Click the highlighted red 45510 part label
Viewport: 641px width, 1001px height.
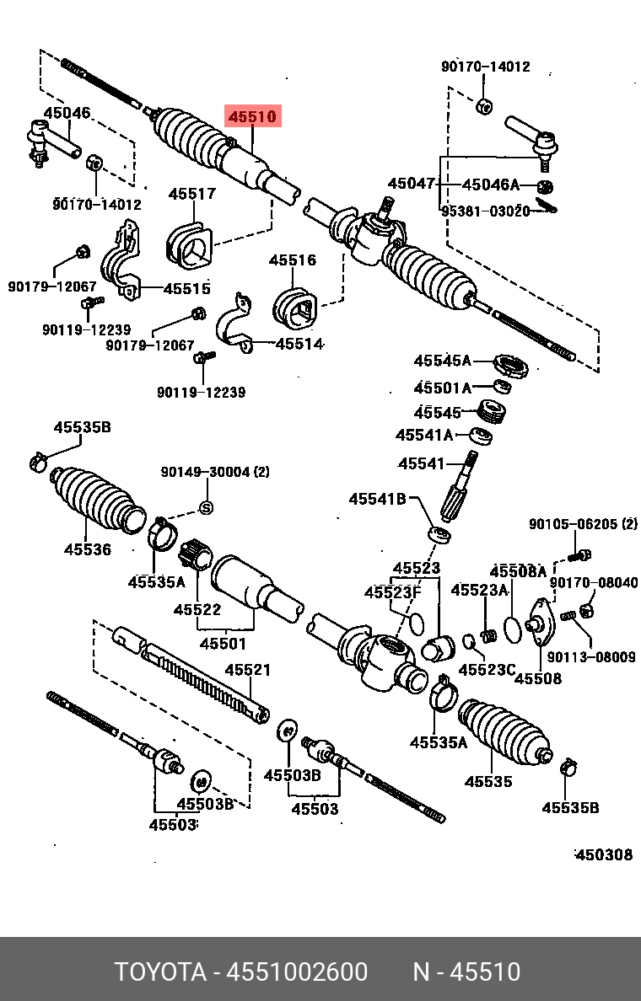[x=250, y=116]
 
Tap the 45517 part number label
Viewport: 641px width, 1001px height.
[x=191, y=194]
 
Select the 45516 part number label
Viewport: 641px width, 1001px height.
[x=293, y=260]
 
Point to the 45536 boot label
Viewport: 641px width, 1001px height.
[x=88, y=549]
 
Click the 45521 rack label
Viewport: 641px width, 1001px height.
[x=247, y=671]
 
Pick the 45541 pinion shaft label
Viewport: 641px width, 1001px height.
[x=421, y=463]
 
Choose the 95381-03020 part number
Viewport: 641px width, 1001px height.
[x=485, y=211]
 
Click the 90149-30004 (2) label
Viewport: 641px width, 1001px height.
[x=215, y=473]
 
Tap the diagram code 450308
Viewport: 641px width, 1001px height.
[x=603, y=854]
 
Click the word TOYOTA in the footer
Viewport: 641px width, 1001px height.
[x=160, y=972]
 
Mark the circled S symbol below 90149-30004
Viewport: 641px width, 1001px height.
[x=205, y=507]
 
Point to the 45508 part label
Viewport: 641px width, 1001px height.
[x=537, y=678]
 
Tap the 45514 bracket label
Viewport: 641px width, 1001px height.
[x=299, y=344]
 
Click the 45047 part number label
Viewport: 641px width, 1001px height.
[x=411, y=184]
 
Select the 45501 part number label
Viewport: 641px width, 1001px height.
[x=223, y=645]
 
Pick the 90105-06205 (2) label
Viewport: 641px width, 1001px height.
[x=583, y=524]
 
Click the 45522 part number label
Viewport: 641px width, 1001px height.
[x=197, y=609]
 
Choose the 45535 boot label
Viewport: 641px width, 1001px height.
[x=488, y=781]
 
